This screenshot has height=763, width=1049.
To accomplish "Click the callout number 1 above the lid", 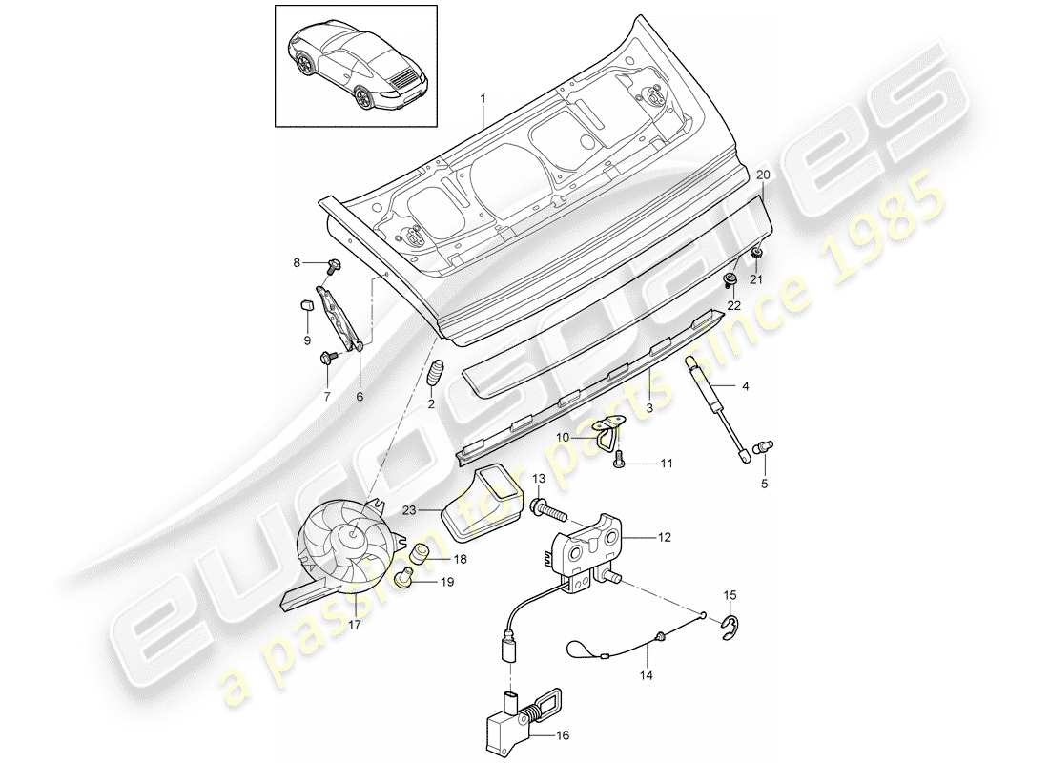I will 483,99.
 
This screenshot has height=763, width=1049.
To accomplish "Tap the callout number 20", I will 762,175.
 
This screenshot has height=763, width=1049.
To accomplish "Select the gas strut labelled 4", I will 714,405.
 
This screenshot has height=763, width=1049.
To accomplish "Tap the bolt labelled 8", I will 336,264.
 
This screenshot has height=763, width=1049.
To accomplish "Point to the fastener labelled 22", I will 730,280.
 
